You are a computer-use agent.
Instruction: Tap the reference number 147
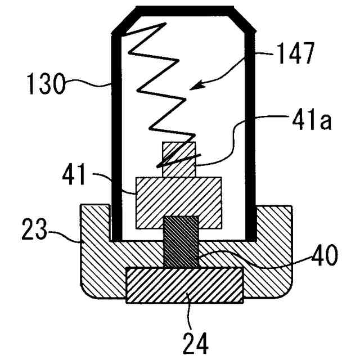coord(297,58)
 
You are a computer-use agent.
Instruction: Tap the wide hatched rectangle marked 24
coord(184,285)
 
